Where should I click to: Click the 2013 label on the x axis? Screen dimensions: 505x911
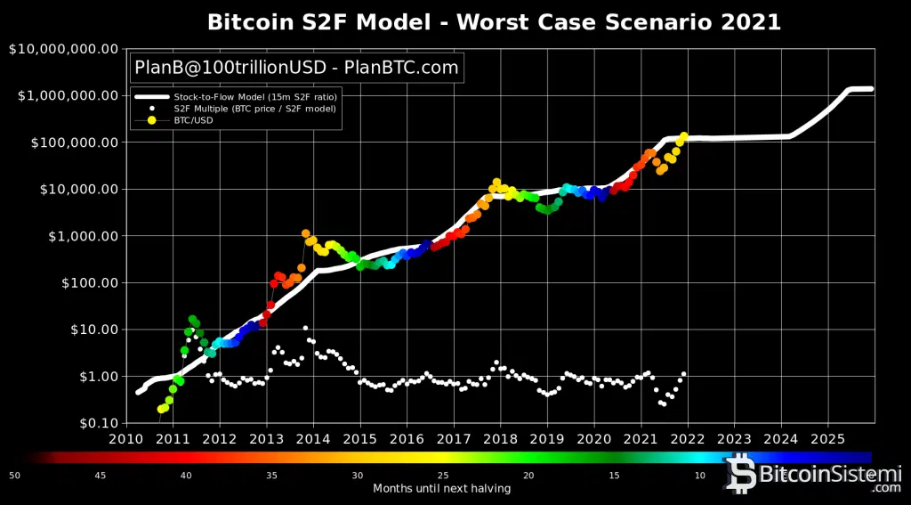pyautogui.click(x=266, y=438)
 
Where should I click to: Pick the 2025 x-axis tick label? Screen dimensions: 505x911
pyautogui.click(x=827, y=438)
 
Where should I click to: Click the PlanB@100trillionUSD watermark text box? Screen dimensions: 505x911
pyautogui.click(x=296, y=67)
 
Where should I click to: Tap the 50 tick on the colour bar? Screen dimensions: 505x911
pyautogui.click(x=14, y=475)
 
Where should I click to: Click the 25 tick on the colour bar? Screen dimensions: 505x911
pyautogui.click(x=442, y=475)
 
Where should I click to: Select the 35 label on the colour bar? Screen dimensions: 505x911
pyautogui.click(x=271, y=475)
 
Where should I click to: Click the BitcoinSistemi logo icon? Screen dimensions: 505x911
pyautogui.click(x=739, y=474)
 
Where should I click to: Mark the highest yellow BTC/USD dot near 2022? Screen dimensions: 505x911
pyautogui.click(x=683, y=136)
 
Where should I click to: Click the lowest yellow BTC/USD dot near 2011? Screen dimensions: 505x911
pyautogui.click(x=161, y=409)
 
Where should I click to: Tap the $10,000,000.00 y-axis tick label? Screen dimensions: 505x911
pyautogui.click(x=61, y=49)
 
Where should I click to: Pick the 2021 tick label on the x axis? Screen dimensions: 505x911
pyautogui.click(x=641, y=438)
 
